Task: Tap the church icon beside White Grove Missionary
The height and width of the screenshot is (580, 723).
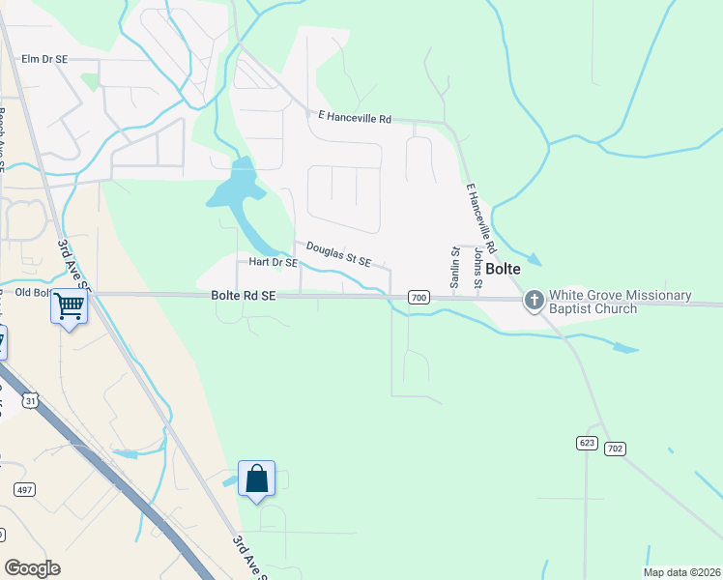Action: pyautogui.click(x=535, y=302)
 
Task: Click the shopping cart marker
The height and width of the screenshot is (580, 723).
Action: pyautogui.click(x=70, y=306)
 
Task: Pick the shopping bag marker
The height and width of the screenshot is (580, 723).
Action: pyautogui.click(x=256, y=478)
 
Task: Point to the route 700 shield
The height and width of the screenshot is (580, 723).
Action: pyautogui.click(x=418, y=298)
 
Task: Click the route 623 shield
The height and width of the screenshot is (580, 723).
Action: pyautogui.click(x=587, y=442)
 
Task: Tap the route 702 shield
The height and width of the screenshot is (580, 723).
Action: pyautogui.click(x=615, y=449)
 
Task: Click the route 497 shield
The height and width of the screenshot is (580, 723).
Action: pyautogui.click(x=24, y=490)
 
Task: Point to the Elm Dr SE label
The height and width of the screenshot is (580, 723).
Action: pyautogui.click(x=44, y=60)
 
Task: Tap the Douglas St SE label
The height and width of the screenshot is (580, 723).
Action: pyautogui.click(x=338, y=255)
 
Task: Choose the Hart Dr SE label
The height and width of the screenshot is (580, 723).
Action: pyautogui.click(x=272, y=262)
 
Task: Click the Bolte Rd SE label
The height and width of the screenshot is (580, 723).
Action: pyautogui.click(x=244, y=297)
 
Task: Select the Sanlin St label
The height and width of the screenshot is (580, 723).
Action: pyautogui.click(x=454, y=266)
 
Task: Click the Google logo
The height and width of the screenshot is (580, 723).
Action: pyautogui.click(x=33, y=568)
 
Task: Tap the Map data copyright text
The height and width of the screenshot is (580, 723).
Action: pyautogui.click(x=682, y=572)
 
